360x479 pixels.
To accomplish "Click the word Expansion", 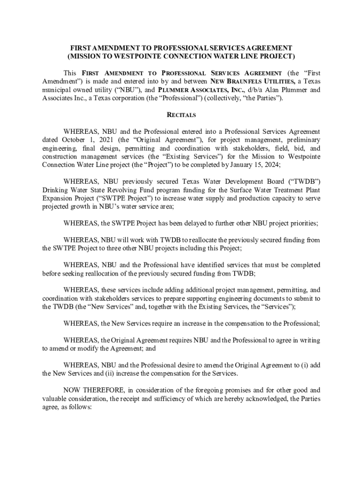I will click(x=58, y=198).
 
